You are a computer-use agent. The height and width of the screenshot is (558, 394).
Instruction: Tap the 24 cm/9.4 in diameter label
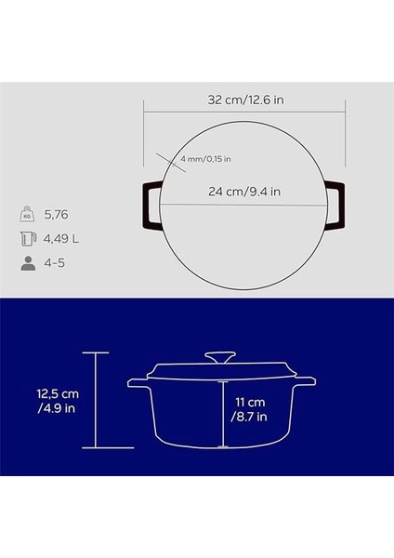point(244,193)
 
